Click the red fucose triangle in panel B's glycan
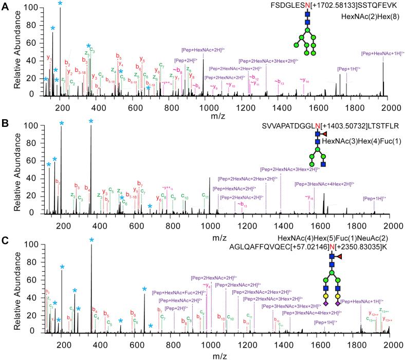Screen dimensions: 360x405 tap(323, 134)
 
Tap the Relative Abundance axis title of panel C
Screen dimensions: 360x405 tap(17, 287)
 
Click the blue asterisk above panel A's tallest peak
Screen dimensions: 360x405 tap(60, 4)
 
